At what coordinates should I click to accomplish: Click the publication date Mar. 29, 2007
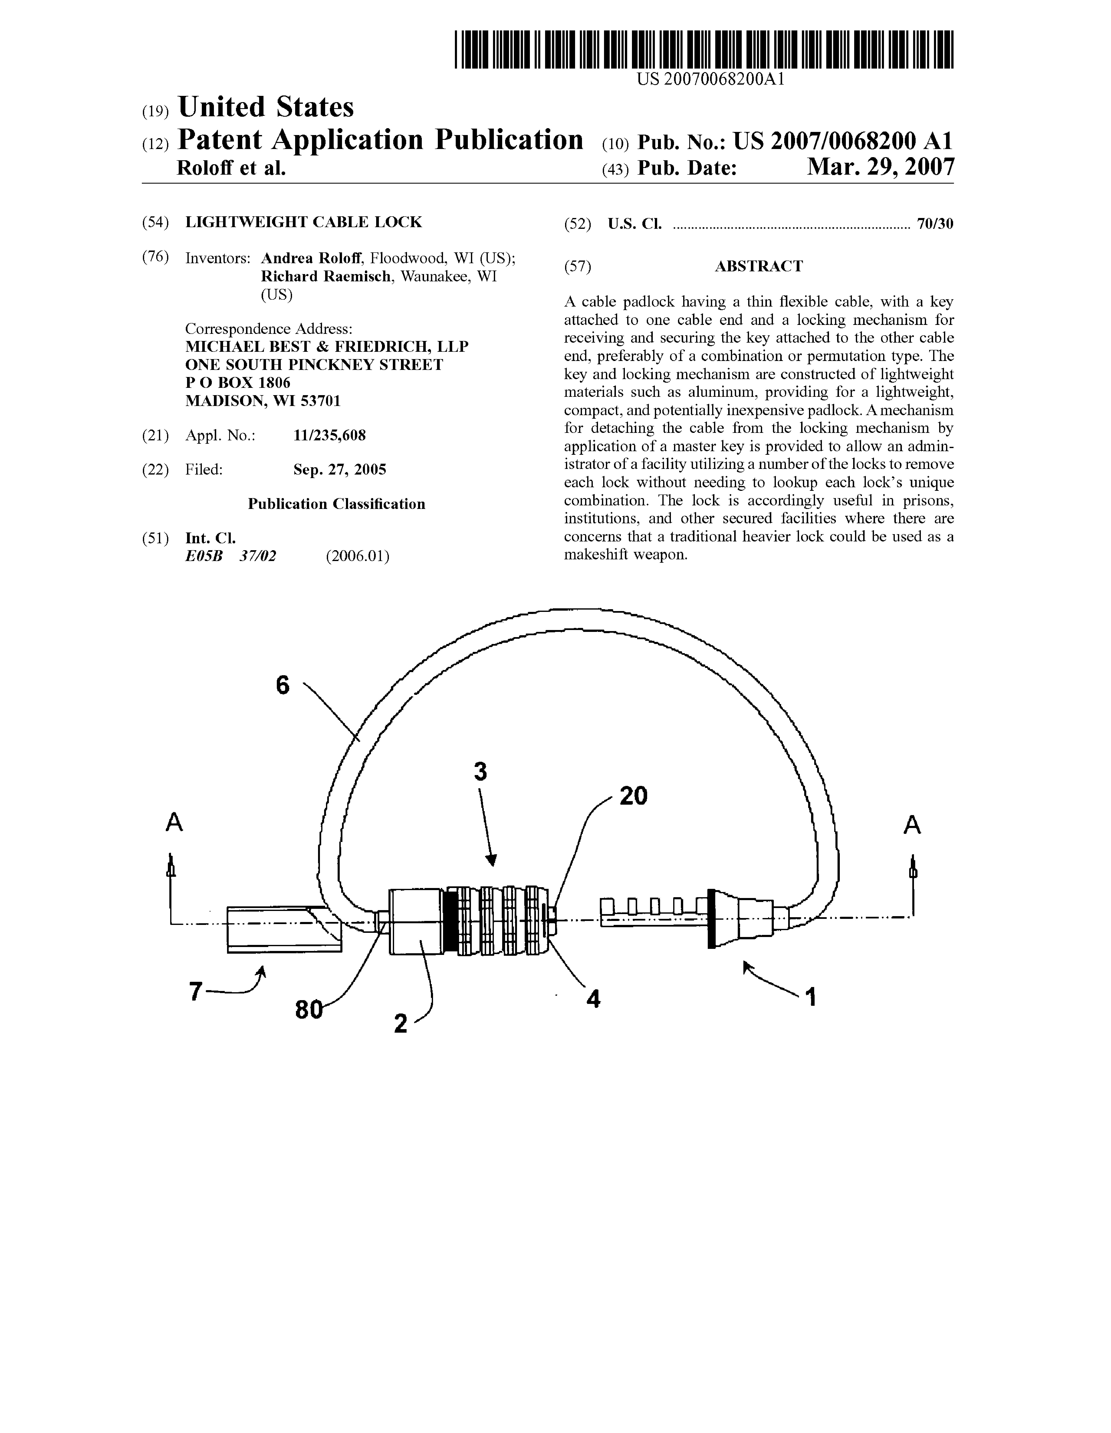point(880,167)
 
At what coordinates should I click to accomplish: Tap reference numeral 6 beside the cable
point(283,686)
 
